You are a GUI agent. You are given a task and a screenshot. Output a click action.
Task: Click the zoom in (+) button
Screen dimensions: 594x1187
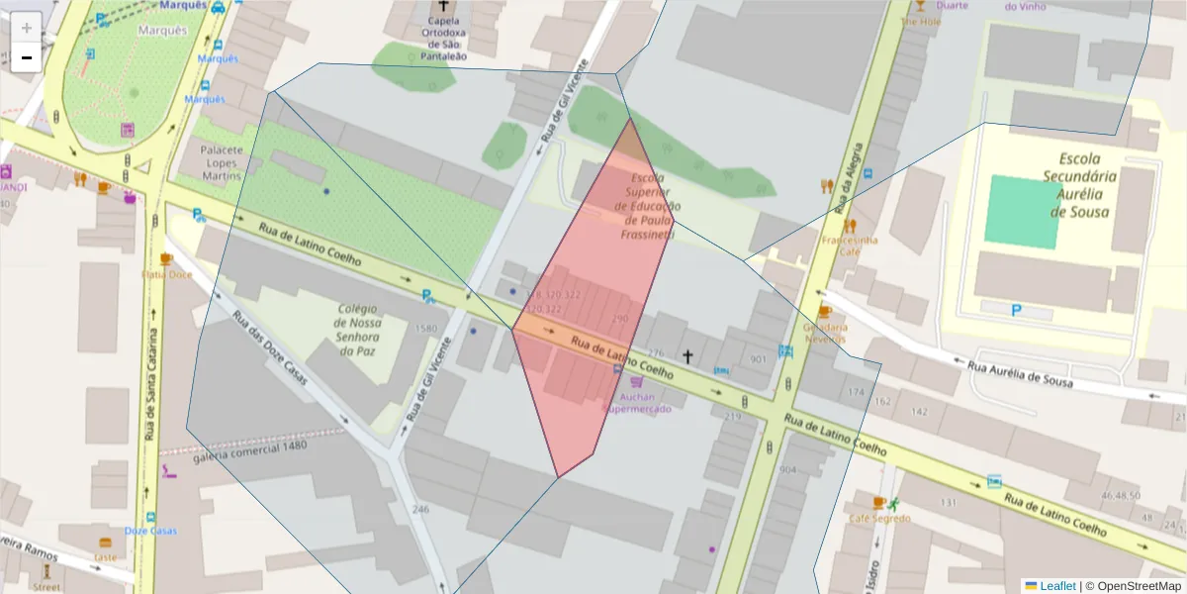click(x=26, y=28)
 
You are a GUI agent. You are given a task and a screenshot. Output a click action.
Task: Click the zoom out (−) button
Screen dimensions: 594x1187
click(x=26, y=58)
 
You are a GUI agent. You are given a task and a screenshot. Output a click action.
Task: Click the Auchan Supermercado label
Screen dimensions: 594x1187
click(x=637, y=402)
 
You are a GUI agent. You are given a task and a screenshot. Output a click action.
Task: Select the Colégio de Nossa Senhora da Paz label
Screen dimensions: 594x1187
click(x=358, y=330)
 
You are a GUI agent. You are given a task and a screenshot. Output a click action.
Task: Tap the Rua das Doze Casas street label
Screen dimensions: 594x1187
click(x=270, y=348)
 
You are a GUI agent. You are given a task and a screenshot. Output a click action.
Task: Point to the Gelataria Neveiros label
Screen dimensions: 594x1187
click(x=825, y=333)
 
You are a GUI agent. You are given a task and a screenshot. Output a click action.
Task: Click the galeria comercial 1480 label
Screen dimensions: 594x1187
click(x=250, y=450)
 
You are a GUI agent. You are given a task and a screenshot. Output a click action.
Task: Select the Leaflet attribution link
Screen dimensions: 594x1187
click(x=1056, y=586)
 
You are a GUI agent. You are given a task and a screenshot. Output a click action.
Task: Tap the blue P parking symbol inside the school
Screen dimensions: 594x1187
click(x=1017, y=311)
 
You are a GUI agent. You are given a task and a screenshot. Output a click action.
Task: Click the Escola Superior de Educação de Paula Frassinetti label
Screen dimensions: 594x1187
click(x=648, y=206)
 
